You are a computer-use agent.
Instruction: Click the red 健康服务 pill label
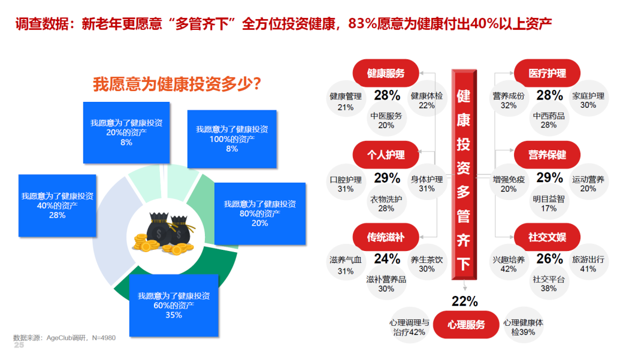click(x=386, y=73)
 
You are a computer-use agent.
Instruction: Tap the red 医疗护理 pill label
click(x=547, y=73)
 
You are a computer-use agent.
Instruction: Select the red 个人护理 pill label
click(x=386, y=155)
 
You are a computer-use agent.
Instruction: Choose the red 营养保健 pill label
click(x=547, y=155)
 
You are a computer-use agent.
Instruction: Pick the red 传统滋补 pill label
click(x=386, y=237)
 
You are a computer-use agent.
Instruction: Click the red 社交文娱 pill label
click(x=547, y=237)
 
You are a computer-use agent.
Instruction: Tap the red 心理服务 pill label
click(x=466, y=325)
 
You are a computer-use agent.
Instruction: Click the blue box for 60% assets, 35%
click(x=174, y=305)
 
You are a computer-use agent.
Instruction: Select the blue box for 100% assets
click(x=232, y=139)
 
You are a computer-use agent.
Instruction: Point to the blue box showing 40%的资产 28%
click(x=57, y=205)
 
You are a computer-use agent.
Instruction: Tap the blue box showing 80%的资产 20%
click(x=260, y=213)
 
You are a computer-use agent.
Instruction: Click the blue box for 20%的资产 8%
click(x=126, y=132)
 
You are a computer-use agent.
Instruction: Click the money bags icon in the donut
click(x=165, y=234)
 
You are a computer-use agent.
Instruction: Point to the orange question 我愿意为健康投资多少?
click(x=177, y=84)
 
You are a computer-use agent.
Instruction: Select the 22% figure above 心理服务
click(x=465, y=301)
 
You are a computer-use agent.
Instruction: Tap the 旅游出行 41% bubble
click(x=588, y=264)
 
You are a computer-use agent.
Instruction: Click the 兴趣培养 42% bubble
click(x=509, y=264)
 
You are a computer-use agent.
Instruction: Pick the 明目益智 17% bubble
click(x=549, y=203)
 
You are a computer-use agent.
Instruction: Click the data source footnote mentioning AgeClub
click(x=64, y=338)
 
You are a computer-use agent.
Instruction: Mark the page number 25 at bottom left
click(x=19, y=345)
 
